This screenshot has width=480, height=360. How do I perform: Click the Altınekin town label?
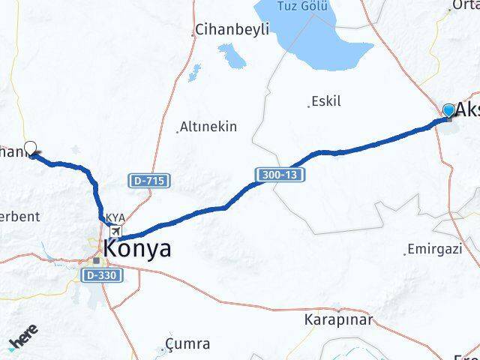208,127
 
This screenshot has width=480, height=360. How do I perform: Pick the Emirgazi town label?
436,249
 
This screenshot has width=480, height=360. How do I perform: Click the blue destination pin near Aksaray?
448,111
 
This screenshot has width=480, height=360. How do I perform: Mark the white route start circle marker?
31,148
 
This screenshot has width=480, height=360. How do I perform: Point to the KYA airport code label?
115,218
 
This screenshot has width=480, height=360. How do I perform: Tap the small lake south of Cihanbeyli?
232,53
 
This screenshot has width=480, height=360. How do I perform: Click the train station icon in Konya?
97,261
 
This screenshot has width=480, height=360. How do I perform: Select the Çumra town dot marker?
163,349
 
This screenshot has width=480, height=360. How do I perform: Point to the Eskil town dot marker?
310,106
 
